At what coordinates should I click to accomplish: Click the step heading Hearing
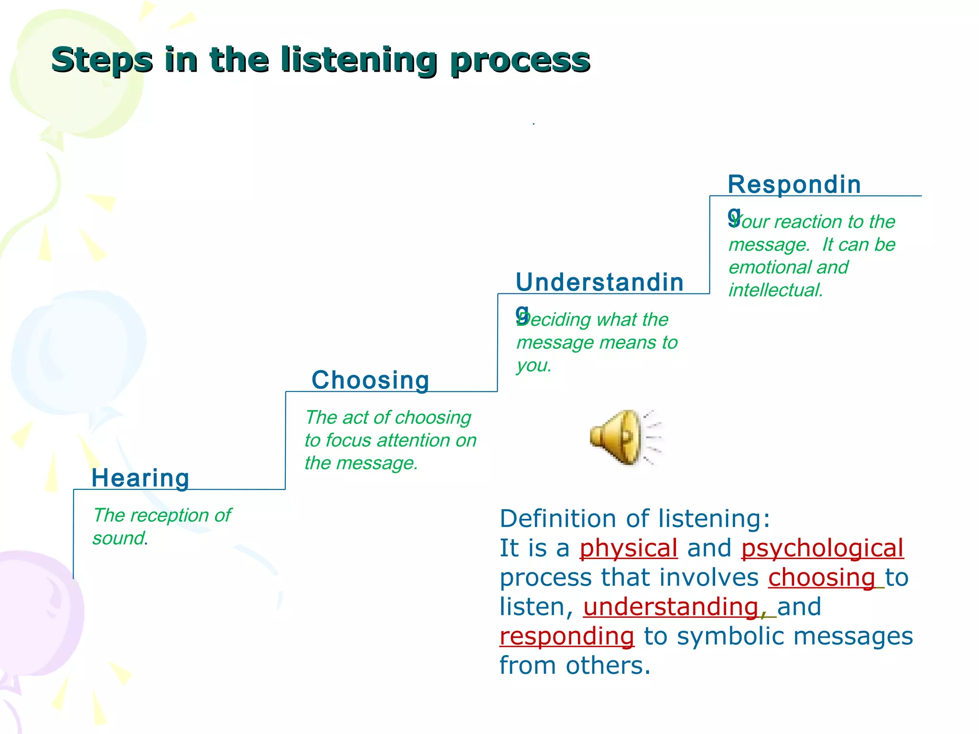(141, 478)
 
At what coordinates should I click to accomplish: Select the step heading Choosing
(370, 380)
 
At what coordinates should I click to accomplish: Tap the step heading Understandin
(599, 282)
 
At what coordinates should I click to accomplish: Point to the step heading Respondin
(794, 184)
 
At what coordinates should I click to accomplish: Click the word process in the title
(520, 60)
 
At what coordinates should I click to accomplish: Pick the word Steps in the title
(102, 60)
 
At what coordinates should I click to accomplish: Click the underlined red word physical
(628, 548)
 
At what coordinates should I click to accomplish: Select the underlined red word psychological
(822, 548)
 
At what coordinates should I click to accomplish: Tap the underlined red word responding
(567, 636)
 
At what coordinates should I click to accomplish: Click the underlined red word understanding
(671, 607)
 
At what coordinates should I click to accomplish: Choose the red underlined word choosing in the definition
(821, 577)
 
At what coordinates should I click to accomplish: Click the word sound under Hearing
(119, 539)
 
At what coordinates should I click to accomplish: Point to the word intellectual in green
(775, 290)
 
